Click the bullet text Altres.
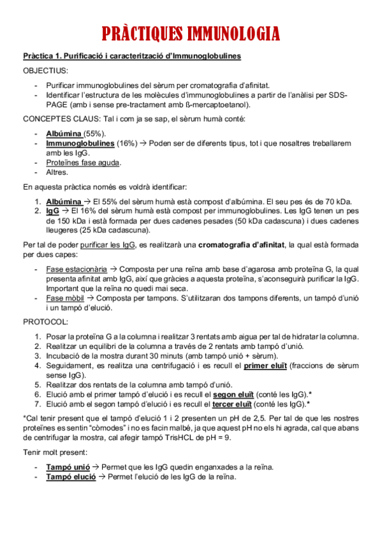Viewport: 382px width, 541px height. (x=57, y=172)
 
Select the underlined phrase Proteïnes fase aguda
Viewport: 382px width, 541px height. (x=83, y=163)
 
